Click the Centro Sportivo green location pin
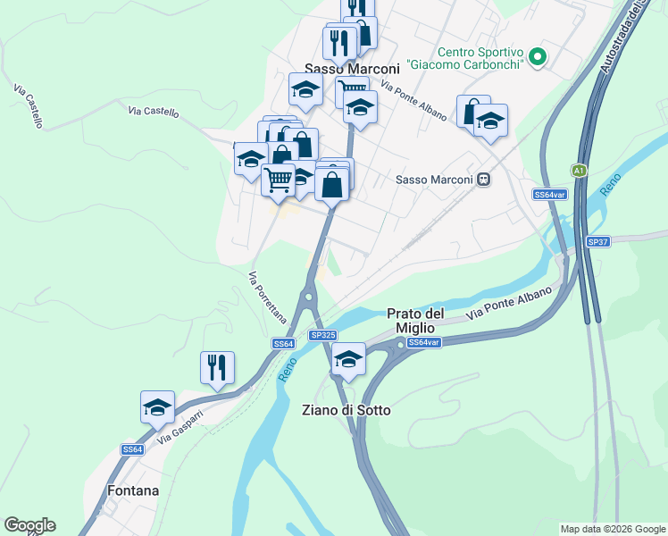pyautogui.click(x=537, y=57)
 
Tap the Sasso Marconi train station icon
pyautogui.click(x=483, y=180)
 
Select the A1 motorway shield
pyautogui.click(x=580, y=170)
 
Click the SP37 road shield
pyautogui.click(x=597, y=242)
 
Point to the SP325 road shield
pyautogui.click(x=322, y=334)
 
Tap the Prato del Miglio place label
pyautogui.click(x=415, y=321)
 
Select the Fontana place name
pyautogui.click(x=133, y=490)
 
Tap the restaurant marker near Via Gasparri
pyautogui.click(x=217, y=366)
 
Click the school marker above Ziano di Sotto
pyautogui.click(x=348, y=359)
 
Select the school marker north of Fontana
pyautogui.click(x=158, y=407)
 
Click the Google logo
pyautogui.click(x=29, y=525)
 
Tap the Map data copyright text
pyautogui.click(x=613, y=528)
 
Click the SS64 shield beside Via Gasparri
pyautogui.click(x=131, y=449)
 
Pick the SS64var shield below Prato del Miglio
pyautogui.click(x=423, y=342)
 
